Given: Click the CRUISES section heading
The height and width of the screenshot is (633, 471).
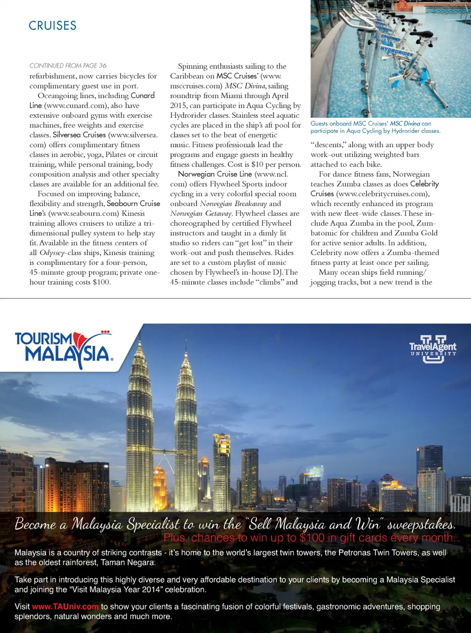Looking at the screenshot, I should click(52, 26).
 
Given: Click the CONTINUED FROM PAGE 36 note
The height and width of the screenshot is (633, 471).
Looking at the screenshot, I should click(68, 66).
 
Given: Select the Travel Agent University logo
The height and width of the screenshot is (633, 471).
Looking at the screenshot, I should click(433, 349).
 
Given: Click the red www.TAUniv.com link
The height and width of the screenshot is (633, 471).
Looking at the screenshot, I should click(65, 607).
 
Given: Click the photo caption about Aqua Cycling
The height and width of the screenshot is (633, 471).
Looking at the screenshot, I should click(375, 127).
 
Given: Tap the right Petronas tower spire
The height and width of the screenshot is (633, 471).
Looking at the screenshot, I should click(185, 346).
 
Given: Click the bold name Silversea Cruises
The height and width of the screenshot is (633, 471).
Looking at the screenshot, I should click(79, 135).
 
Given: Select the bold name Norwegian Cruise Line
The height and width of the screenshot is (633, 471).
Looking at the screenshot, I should click(215, 174).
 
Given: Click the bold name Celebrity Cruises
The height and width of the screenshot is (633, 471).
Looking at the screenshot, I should click(424, 184).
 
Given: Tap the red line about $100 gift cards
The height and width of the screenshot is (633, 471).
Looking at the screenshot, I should click(309, 538).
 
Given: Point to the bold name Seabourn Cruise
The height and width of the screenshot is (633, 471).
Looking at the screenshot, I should click(133, 204).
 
